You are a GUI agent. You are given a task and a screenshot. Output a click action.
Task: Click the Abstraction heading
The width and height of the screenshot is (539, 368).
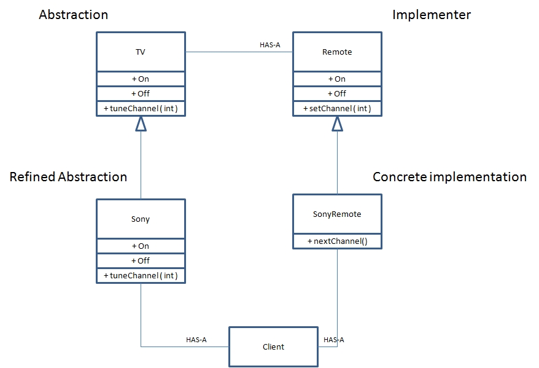point(73,15)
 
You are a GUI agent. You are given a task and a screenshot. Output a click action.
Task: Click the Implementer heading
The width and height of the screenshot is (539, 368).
point(432,15)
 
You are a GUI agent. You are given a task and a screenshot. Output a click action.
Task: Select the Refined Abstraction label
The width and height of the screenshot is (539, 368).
point(68,177)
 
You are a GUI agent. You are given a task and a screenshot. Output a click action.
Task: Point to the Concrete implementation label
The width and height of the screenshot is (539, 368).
point(449,177)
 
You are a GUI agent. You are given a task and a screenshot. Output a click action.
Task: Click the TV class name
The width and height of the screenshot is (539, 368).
point(141,52)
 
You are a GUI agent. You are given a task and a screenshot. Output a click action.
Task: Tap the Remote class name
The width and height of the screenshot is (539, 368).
point(337,52)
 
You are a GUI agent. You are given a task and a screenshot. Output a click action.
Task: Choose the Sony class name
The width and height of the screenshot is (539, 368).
point(141,219)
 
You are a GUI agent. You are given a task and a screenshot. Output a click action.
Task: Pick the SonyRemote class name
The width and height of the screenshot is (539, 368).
point(337,214)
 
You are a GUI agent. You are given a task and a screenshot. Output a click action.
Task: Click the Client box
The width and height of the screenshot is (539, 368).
point(273,347)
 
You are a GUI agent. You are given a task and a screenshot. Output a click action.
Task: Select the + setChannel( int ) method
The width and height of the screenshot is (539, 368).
point(337,108)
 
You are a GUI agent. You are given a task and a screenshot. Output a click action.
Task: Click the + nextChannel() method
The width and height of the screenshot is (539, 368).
point(337,241)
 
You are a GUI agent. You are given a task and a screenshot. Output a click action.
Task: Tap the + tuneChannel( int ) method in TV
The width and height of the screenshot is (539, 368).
point(141,108)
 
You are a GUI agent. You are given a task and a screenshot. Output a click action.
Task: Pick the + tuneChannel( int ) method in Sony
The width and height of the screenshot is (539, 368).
point(141,276)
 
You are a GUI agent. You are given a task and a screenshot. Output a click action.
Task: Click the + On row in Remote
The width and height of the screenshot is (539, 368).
point(337,79)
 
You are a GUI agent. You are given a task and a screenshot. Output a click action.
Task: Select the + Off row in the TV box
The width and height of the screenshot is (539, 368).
point(141,93)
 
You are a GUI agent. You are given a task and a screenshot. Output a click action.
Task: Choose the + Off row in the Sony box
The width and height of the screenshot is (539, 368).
point(141,260)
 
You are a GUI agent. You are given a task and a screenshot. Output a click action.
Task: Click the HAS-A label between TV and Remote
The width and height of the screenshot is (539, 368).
point(270,45)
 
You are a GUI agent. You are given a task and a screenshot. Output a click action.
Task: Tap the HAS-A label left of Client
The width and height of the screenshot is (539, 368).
point(196,340)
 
